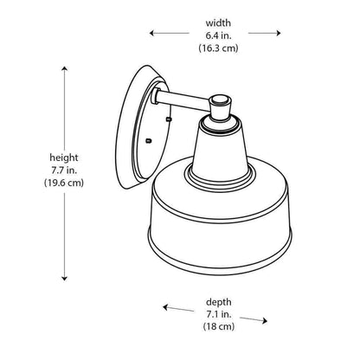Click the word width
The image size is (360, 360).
[x=218, y=22]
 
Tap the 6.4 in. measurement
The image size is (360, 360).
[x=218, y=35]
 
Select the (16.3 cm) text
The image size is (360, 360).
[x=218, y=48]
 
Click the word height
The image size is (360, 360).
[x=64, y=157]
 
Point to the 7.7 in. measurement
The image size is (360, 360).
[x=64, y=170]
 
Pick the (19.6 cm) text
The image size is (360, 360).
[x=64, y=183]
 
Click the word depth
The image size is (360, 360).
[x=218, y=302]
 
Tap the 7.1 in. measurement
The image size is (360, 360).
[x=218, y=314]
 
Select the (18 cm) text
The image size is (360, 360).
[x=218, y=326]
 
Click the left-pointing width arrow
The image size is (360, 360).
[x=169, y=33]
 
